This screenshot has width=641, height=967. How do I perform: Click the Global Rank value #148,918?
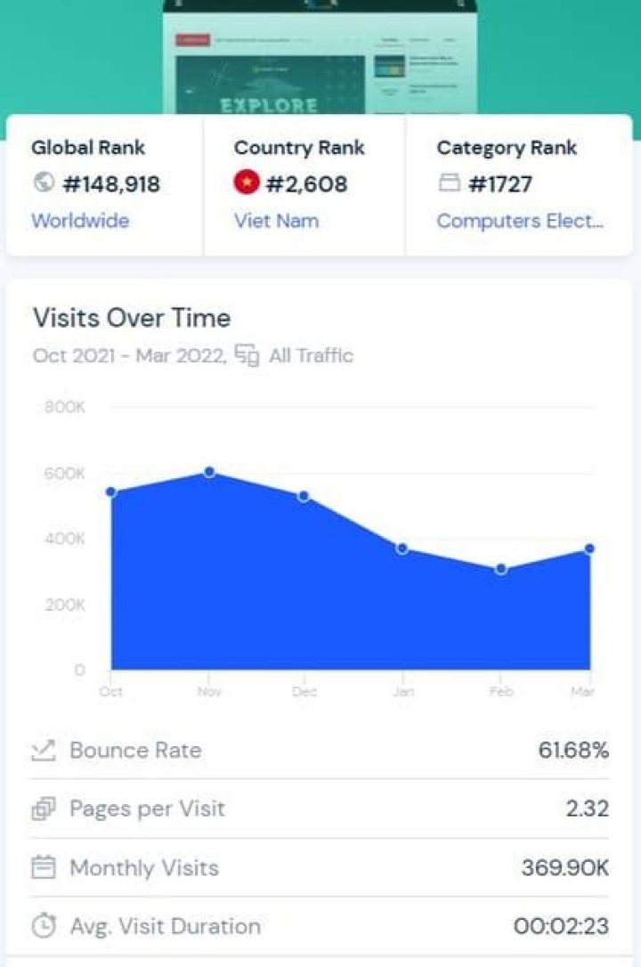(110, 184)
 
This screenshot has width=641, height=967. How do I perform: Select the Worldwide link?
(80, 221)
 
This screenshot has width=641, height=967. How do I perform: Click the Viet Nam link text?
(276, 221)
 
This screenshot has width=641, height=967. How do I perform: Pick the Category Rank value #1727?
(499, 184)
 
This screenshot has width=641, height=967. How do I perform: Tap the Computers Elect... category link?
(520, 221)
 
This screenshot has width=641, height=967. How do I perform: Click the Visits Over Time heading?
(132, 318)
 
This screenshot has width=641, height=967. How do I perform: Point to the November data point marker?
(209, 471)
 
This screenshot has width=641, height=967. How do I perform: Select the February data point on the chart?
(501, 569)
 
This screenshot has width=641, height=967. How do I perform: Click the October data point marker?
(111, 492)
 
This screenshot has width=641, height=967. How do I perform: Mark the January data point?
(402, 549)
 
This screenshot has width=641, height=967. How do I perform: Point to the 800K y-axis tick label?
(64, 408)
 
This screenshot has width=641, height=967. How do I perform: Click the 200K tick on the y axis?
(64, 605)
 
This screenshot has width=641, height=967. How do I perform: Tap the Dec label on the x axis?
(304, 692)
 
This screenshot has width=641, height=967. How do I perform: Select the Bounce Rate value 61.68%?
(573, 750)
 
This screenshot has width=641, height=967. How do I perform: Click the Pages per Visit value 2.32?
(587, 809)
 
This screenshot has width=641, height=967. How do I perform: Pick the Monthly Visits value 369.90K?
(565, 867)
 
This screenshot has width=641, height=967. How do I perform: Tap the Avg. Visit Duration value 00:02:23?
(561, 926)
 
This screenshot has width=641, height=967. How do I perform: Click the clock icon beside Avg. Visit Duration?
(43, 926)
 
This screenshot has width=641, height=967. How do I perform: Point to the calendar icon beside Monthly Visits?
(43, 867)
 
